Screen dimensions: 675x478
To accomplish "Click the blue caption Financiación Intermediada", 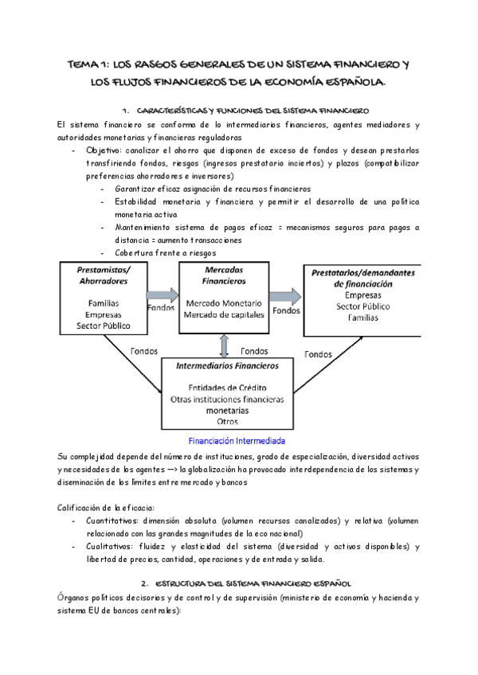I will [237, 440].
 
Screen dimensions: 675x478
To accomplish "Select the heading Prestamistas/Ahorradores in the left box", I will [103, 275].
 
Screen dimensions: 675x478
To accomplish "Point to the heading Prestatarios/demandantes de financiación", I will [363, 278].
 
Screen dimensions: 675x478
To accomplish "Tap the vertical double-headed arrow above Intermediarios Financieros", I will [225, 345].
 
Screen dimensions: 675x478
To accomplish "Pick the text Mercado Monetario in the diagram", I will [223, 304].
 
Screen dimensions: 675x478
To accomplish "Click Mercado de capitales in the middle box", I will [223, 314].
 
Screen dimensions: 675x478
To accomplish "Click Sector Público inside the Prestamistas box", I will [103, 326].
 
